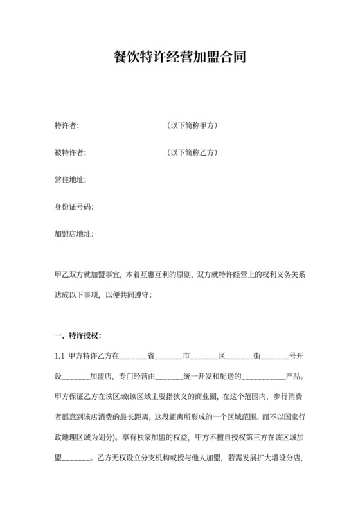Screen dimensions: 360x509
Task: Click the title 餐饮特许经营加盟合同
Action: point(179,58)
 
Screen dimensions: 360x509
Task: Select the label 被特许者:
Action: point(70,153)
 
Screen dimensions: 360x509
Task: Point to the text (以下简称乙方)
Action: point(192,153)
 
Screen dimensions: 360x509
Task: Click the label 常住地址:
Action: point(70,180)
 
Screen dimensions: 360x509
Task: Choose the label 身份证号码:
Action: point(73,207)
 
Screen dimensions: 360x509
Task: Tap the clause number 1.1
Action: point(60,356)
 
